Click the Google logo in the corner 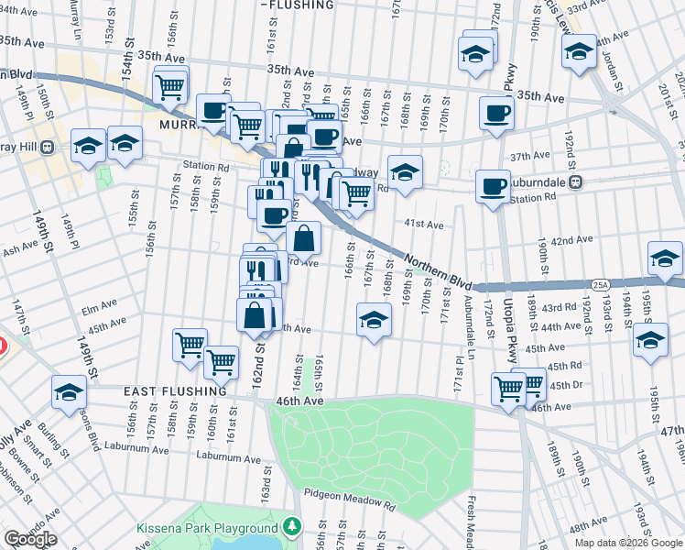coord(30,539)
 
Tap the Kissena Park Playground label coord(206,528)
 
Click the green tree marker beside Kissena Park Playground coord(291,527)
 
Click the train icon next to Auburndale coord(575,181)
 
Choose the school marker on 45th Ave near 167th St coord(373,321)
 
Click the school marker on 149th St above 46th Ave coord(69,392)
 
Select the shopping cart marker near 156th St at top coord(170,86)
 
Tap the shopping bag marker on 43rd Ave coord(303,239)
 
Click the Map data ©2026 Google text coord(629,543)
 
